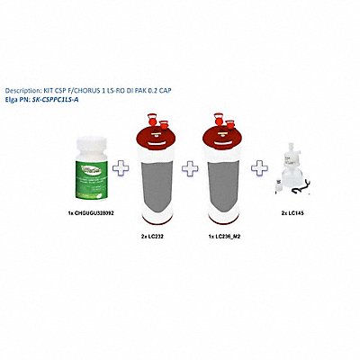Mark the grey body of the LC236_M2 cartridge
224,193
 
